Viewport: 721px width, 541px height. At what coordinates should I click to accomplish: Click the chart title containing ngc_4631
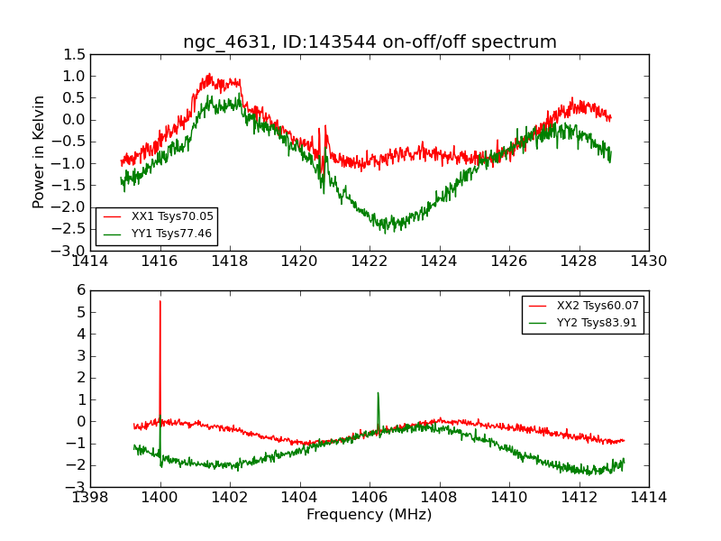pyautogui.click(x=370, y=41)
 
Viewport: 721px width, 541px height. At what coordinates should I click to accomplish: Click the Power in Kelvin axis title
pyautogui.click(x=39, y=151)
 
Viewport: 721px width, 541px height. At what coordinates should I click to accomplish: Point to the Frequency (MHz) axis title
pyautogui.click(x=370, y=515)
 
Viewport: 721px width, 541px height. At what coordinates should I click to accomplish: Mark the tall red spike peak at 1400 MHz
pyautogui.click(x=160, y=301)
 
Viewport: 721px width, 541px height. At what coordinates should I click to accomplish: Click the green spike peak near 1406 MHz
pyautogui.click(x=378, y=393)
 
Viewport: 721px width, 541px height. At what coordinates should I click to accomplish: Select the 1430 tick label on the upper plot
pyautogui.click(x=648, y=261)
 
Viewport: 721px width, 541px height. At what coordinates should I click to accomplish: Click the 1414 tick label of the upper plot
pyautogui.click(x=90, y=261)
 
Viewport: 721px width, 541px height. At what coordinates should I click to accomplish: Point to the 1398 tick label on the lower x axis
pyautogui.click(x=90, y=498)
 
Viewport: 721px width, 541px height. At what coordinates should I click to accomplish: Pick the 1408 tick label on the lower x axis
pyautogui.click(x=440, y=498)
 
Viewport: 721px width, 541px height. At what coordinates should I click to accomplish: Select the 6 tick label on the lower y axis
pyautogui.click(x=80, y=290)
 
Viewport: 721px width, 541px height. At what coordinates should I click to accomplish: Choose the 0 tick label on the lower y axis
pyautogui.click(x=80, y=421)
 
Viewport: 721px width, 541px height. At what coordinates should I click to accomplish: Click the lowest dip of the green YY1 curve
pyautogui.click(x=386, y=232)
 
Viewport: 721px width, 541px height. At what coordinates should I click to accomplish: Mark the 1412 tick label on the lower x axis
pyautogui.click(x=579, y=498)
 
